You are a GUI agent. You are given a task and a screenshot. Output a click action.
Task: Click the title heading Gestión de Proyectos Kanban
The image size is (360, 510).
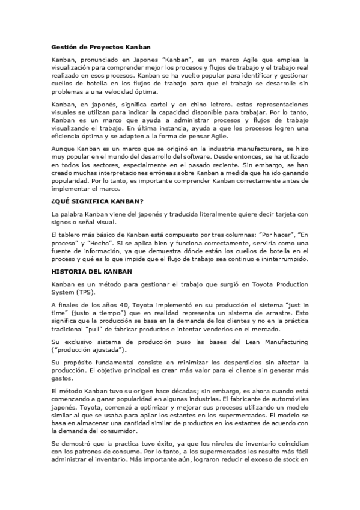click(x=101, y=46)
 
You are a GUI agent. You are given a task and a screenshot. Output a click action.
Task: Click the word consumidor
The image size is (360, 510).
click(x=127, y=431)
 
